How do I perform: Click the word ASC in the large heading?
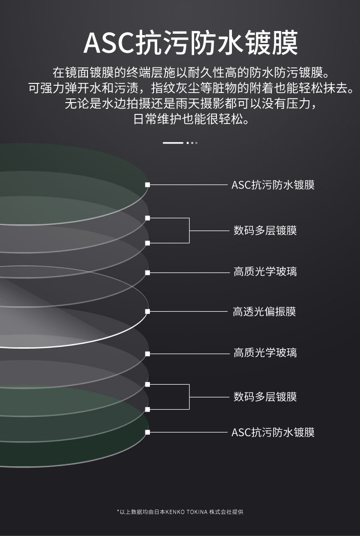(108, 44)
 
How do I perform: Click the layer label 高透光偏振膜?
(264, 312)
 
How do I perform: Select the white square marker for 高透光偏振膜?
(147, 312)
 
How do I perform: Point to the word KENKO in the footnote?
(175, 512)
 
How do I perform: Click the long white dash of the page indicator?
(173, 143)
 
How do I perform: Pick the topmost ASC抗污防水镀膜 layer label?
(273, 185)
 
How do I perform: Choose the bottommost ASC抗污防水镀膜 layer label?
(273, 432)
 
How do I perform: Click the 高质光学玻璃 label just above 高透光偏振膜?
(265, 272)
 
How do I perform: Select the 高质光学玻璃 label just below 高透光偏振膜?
(265, 353)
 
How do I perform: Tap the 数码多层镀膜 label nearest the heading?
(265, 231)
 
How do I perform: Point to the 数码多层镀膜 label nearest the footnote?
(265, 397)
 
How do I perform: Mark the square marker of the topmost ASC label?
(147, 185)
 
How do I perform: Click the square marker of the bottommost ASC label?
(147, 432)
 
